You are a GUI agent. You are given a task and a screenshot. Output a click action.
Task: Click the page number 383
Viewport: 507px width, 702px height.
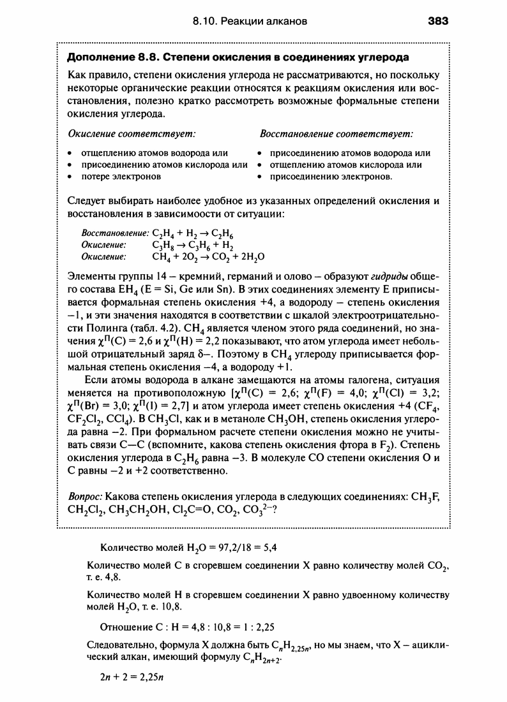[438, 21]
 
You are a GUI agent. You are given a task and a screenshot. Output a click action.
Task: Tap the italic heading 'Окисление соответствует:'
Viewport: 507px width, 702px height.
[132, 135]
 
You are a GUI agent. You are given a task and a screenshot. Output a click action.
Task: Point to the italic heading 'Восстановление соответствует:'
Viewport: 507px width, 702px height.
[337, 135]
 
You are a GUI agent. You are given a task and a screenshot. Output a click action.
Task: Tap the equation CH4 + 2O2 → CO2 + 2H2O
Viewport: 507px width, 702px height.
[208, 256]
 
